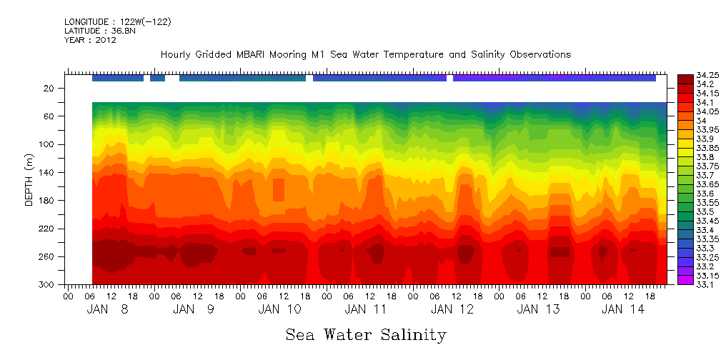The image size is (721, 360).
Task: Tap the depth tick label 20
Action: [x=49, y=89]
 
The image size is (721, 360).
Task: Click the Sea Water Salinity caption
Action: [x=366, y=334]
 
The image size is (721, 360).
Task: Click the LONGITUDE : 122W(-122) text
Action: [x=117, y=21]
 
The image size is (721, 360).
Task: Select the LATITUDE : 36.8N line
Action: [x=98, y=31]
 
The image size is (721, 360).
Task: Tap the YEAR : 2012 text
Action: [x=90, y=40]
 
